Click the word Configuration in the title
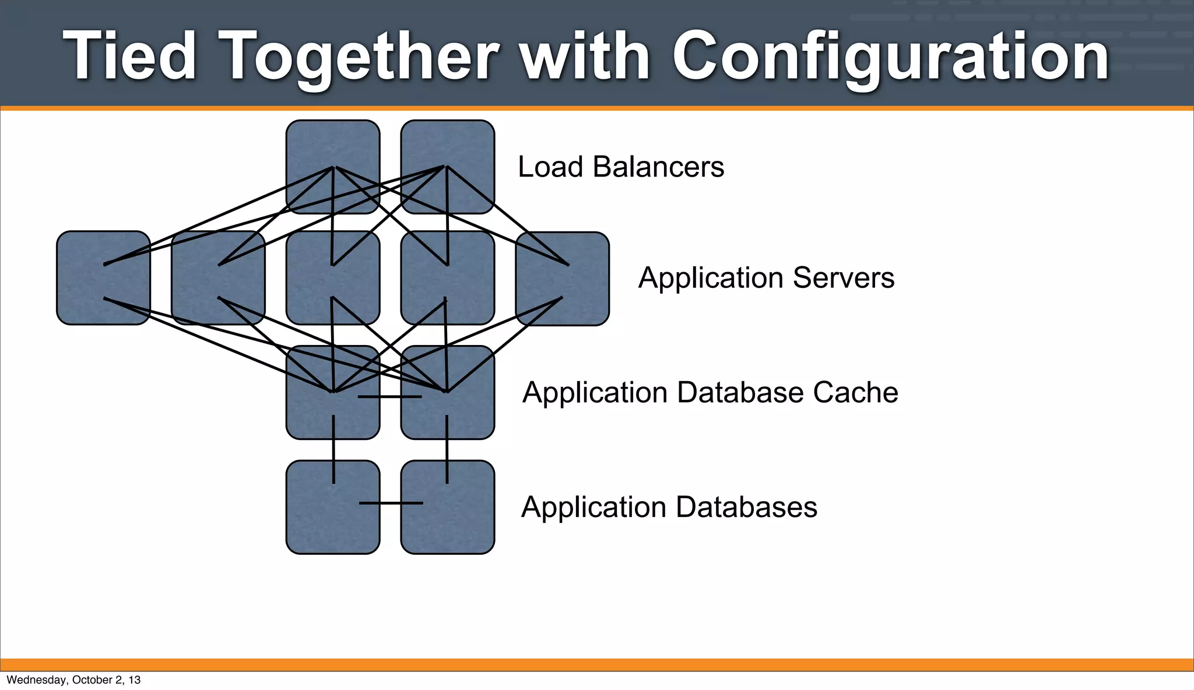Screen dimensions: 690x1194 tap(890, 57)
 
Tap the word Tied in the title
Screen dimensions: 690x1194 tap(129, 56)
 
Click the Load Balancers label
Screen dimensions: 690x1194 tap(620, 167)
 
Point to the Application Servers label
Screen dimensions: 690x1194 tap(765, 278)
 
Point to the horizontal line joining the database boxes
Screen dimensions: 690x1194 tap(391, 503)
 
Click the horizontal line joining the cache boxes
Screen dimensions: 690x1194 tap(389, 397)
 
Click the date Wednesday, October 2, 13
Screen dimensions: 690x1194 tap(73, 680)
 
